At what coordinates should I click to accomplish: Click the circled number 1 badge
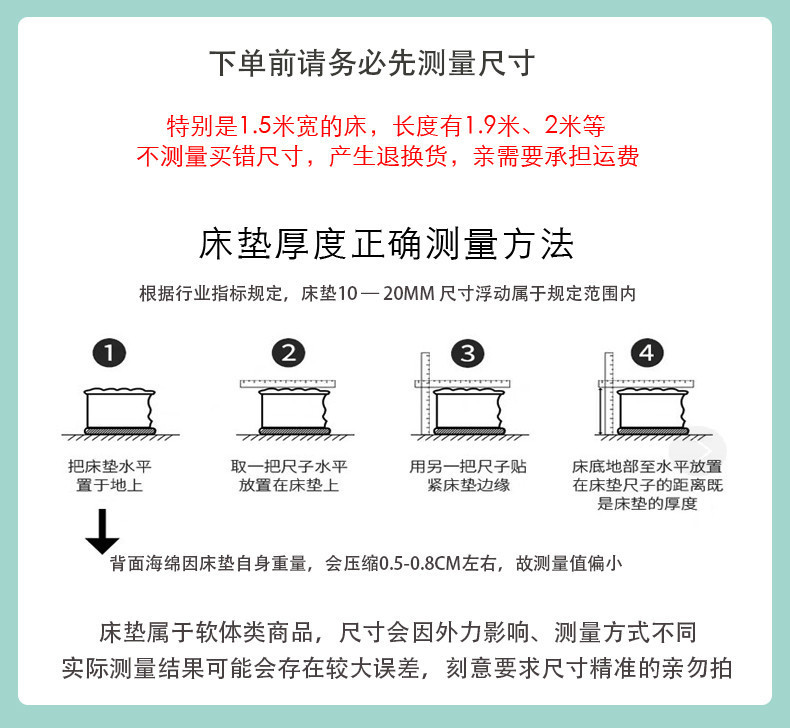tap(109, 353)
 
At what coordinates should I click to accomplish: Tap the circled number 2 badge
tap(288, 353)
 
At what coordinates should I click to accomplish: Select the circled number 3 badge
tap(466, 353)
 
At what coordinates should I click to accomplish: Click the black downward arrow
tap(101, 531)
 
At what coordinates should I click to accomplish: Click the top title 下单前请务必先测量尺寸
tap(372, 64)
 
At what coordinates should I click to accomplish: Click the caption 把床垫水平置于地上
tap(109, 476)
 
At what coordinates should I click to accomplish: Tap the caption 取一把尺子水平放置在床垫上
tap(288, 476)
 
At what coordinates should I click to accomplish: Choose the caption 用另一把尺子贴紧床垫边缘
tap(467, 476)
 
